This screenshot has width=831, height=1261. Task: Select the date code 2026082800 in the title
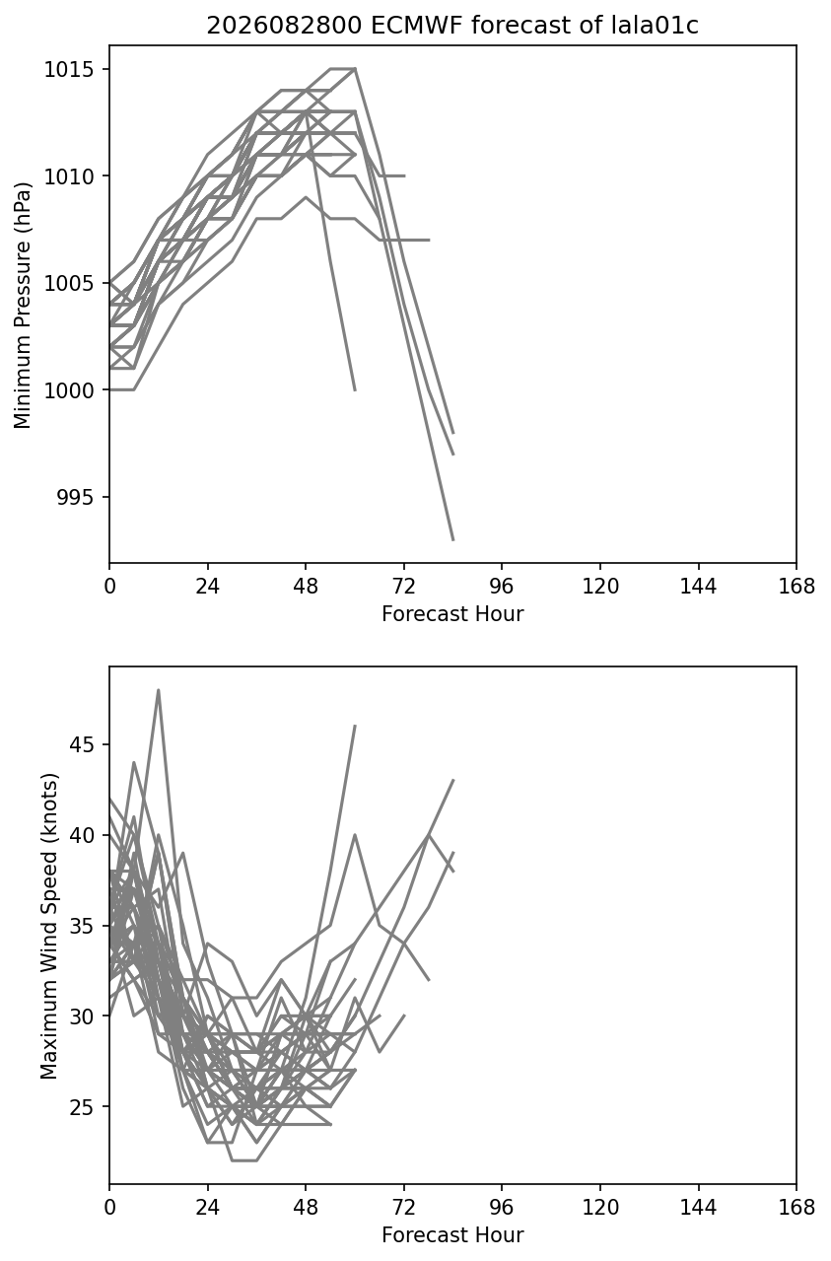[x=284, y=26]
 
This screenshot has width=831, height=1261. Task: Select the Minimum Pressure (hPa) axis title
[x=23, y=305]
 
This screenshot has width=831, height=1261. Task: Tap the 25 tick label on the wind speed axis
[x=82, y=1106]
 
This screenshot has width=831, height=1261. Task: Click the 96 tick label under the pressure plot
[x=502, y=587]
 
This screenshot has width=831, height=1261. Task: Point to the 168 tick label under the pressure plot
[x=796, y=587]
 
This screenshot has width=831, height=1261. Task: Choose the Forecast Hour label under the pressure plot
[x=452, y=613]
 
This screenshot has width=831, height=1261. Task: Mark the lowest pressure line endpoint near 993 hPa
[x=453, y=540]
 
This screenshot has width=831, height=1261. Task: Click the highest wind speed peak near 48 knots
[x=159, y=689]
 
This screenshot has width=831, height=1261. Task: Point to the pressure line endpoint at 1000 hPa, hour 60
[x=355, y=389]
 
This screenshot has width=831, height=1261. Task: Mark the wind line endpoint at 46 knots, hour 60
[x=355, y=726]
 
